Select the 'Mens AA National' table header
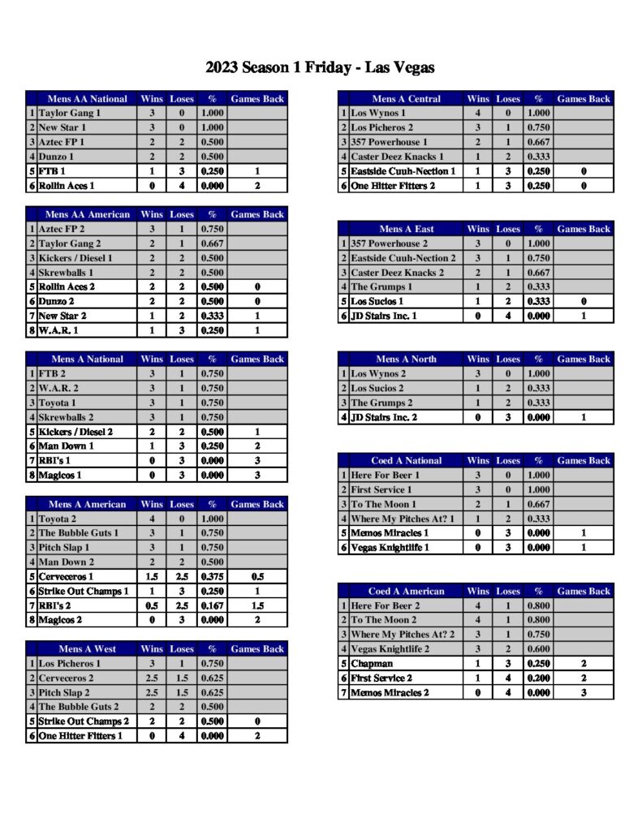(87, 99)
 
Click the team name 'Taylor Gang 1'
(70, 114)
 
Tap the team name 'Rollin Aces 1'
(67, 186)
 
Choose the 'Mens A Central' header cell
(406, 99)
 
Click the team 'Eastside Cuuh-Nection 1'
(403, 171)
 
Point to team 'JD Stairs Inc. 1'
(384, 316)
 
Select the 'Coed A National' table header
(406, 461)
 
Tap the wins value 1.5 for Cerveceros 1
(152, 577)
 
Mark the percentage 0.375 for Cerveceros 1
(212, 577)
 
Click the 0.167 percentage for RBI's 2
(212, 605)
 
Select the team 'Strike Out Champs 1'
(84, 592)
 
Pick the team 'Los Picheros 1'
(70, 664)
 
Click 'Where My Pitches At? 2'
(403, 635)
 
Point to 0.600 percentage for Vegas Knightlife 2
(538, 649)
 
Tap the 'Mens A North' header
(406, 360)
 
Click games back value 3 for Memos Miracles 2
(584, 692)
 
